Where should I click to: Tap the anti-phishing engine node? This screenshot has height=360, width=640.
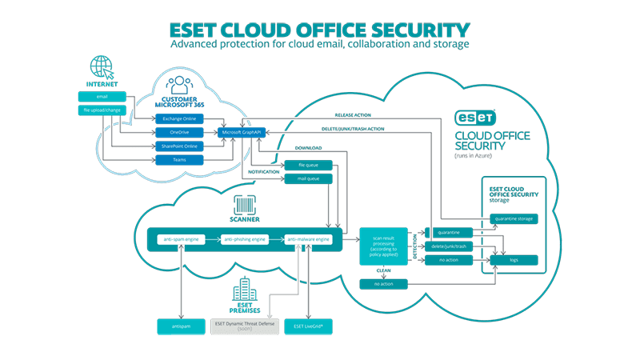pos(242,238)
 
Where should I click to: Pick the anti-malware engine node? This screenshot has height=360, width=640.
pos(308,238)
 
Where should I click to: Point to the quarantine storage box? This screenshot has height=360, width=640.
pos(514,218)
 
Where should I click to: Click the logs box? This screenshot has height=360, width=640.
pos(514,259)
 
